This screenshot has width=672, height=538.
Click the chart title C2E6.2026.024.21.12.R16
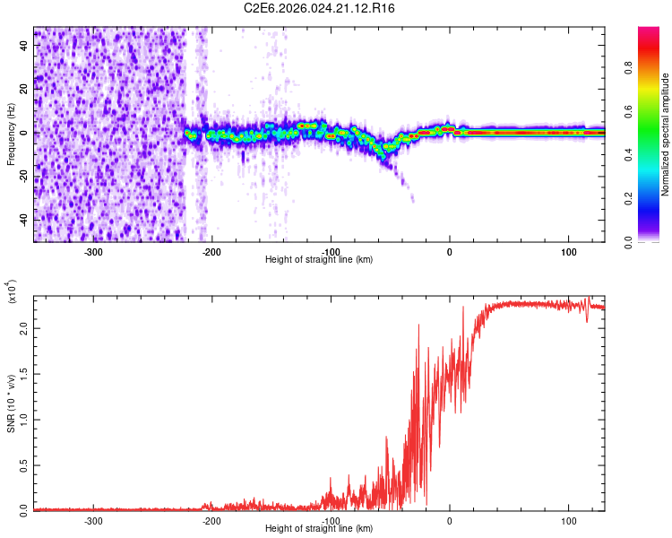[x=320, y=8]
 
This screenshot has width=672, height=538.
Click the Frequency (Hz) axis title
[x=11, y=134]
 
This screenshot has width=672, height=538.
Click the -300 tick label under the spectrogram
[x=93, y=251]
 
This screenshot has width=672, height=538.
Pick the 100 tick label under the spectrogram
[x=568, y=251]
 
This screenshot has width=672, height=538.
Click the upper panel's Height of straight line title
[x=320, y=260]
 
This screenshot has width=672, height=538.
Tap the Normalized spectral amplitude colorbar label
[x=665, y=134]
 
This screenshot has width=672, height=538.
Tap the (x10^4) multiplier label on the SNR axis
[x=13, y=292]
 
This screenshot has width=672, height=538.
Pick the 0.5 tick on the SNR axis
[x=23, y=464]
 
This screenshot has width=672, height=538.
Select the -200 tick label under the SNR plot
[x=212, y=519]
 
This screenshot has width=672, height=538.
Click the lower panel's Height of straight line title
[x=320, y=529]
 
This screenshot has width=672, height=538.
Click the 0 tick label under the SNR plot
[x=450, y=519]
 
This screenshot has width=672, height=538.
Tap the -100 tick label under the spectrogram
[x=331, y=251]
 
